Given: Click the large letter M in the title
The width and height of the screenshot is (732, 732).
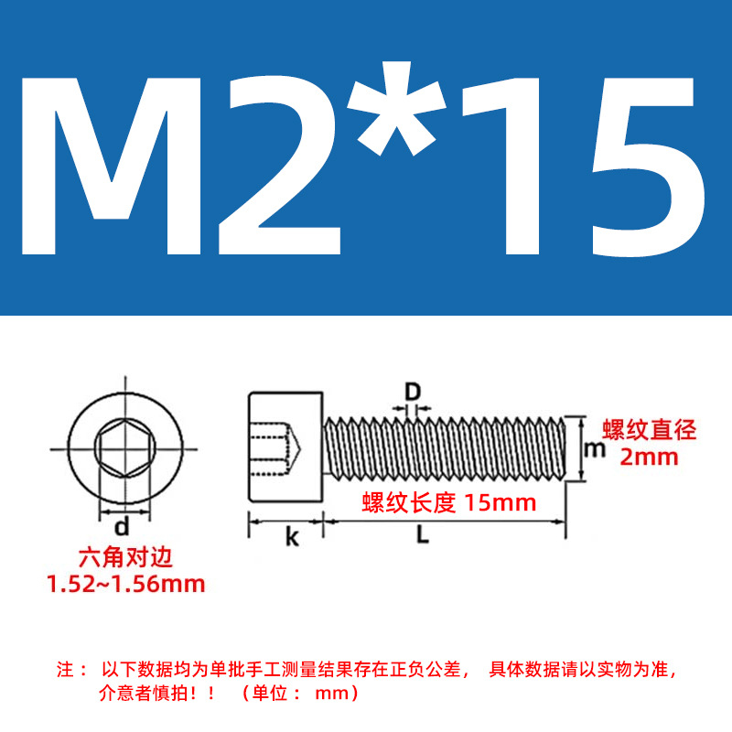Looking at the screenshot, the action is click(x=111, y=167).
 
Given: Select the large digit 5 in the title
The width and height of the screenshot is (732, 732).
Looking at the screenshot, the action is click(x=648, y=167).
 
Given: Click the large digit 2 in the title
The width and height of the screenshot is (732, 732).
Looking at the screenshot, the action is click(x=279, y=166).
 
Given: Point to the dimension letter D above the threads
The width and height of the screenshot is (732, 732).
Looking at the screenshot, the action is click(x=413, y=392).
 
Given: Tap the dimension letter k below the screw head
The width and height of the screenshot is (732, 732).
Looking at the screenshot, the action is click(x=292, y=537).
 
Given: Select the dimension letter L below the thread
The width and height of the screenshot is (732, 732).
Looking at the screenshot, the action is click(x=423, y=534).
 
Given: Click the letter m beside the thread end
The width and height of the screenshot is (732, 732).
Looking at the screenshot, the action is click(x=595, y=449).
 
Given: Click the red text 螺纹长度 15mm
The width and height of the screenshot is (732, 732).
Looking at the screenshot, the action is click(x=449, y=502).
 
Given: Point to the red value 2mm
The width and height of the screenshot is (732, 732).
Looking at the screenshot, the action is click(x=649, y=457).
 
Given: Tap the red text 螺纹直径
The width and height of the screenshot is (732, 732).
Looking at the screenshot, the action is click(x=649, y=429).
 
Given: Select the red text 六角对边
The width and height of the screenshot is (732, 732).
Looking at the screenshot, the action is click(x=125, y=557).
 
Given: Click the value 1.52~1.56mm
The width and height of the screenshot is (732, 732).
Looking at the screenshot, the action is click(x=126, y=584).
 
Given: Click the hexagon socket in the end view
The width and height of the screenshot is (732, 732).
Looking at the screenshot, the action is click(x=124, y=448).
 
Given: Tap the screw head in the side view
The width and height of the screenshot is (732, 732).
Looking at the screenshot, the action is click(x=285, y=447).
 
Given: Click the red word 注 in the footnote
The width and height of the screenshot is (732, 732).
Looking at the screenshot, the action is click(x=65, y=670).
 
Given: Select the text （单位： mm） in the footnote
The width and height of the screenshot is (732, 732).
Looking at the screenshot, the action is click(x=300, y=693).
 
